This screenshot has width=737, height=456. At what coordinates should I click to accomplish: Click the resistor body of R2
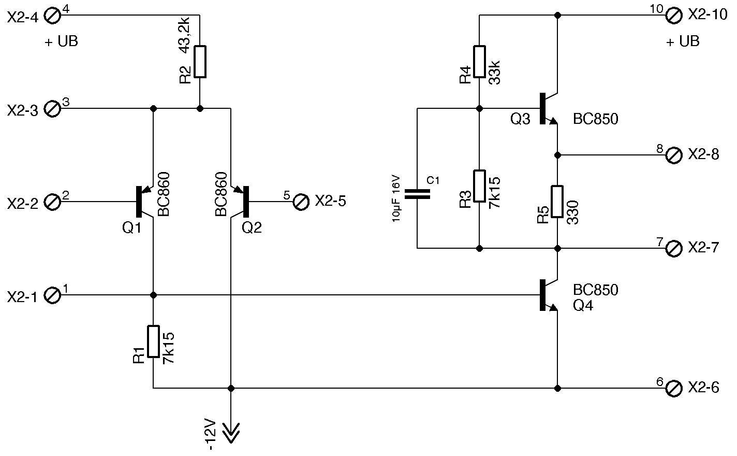click(200, 62)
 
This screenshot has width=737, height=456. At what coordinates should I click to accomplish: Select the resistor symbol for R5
click(557, 202)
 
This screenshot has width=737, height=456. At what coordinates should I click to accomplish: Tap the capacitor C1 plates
click(417, 194)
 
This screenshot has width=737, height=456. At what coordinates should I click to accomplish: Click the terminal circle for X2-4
click(53, 16)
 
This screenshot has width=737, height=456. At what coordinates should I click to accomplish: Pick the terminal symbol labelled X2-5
click(301, 202)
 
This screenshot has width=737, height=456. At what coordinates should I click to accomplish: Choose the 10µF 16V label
click(396, 199)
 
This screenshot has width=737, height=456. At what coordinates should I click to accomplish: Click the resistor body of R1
click(154, 341)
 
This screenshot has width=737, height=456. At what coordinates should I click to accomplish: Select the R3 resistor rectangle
click(480, 186)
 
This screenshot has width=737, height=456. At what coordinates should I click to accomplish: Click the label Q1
click(131, 227)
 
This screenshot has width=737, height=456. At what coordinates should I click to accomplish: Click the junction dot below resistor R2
click(200, 109)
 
